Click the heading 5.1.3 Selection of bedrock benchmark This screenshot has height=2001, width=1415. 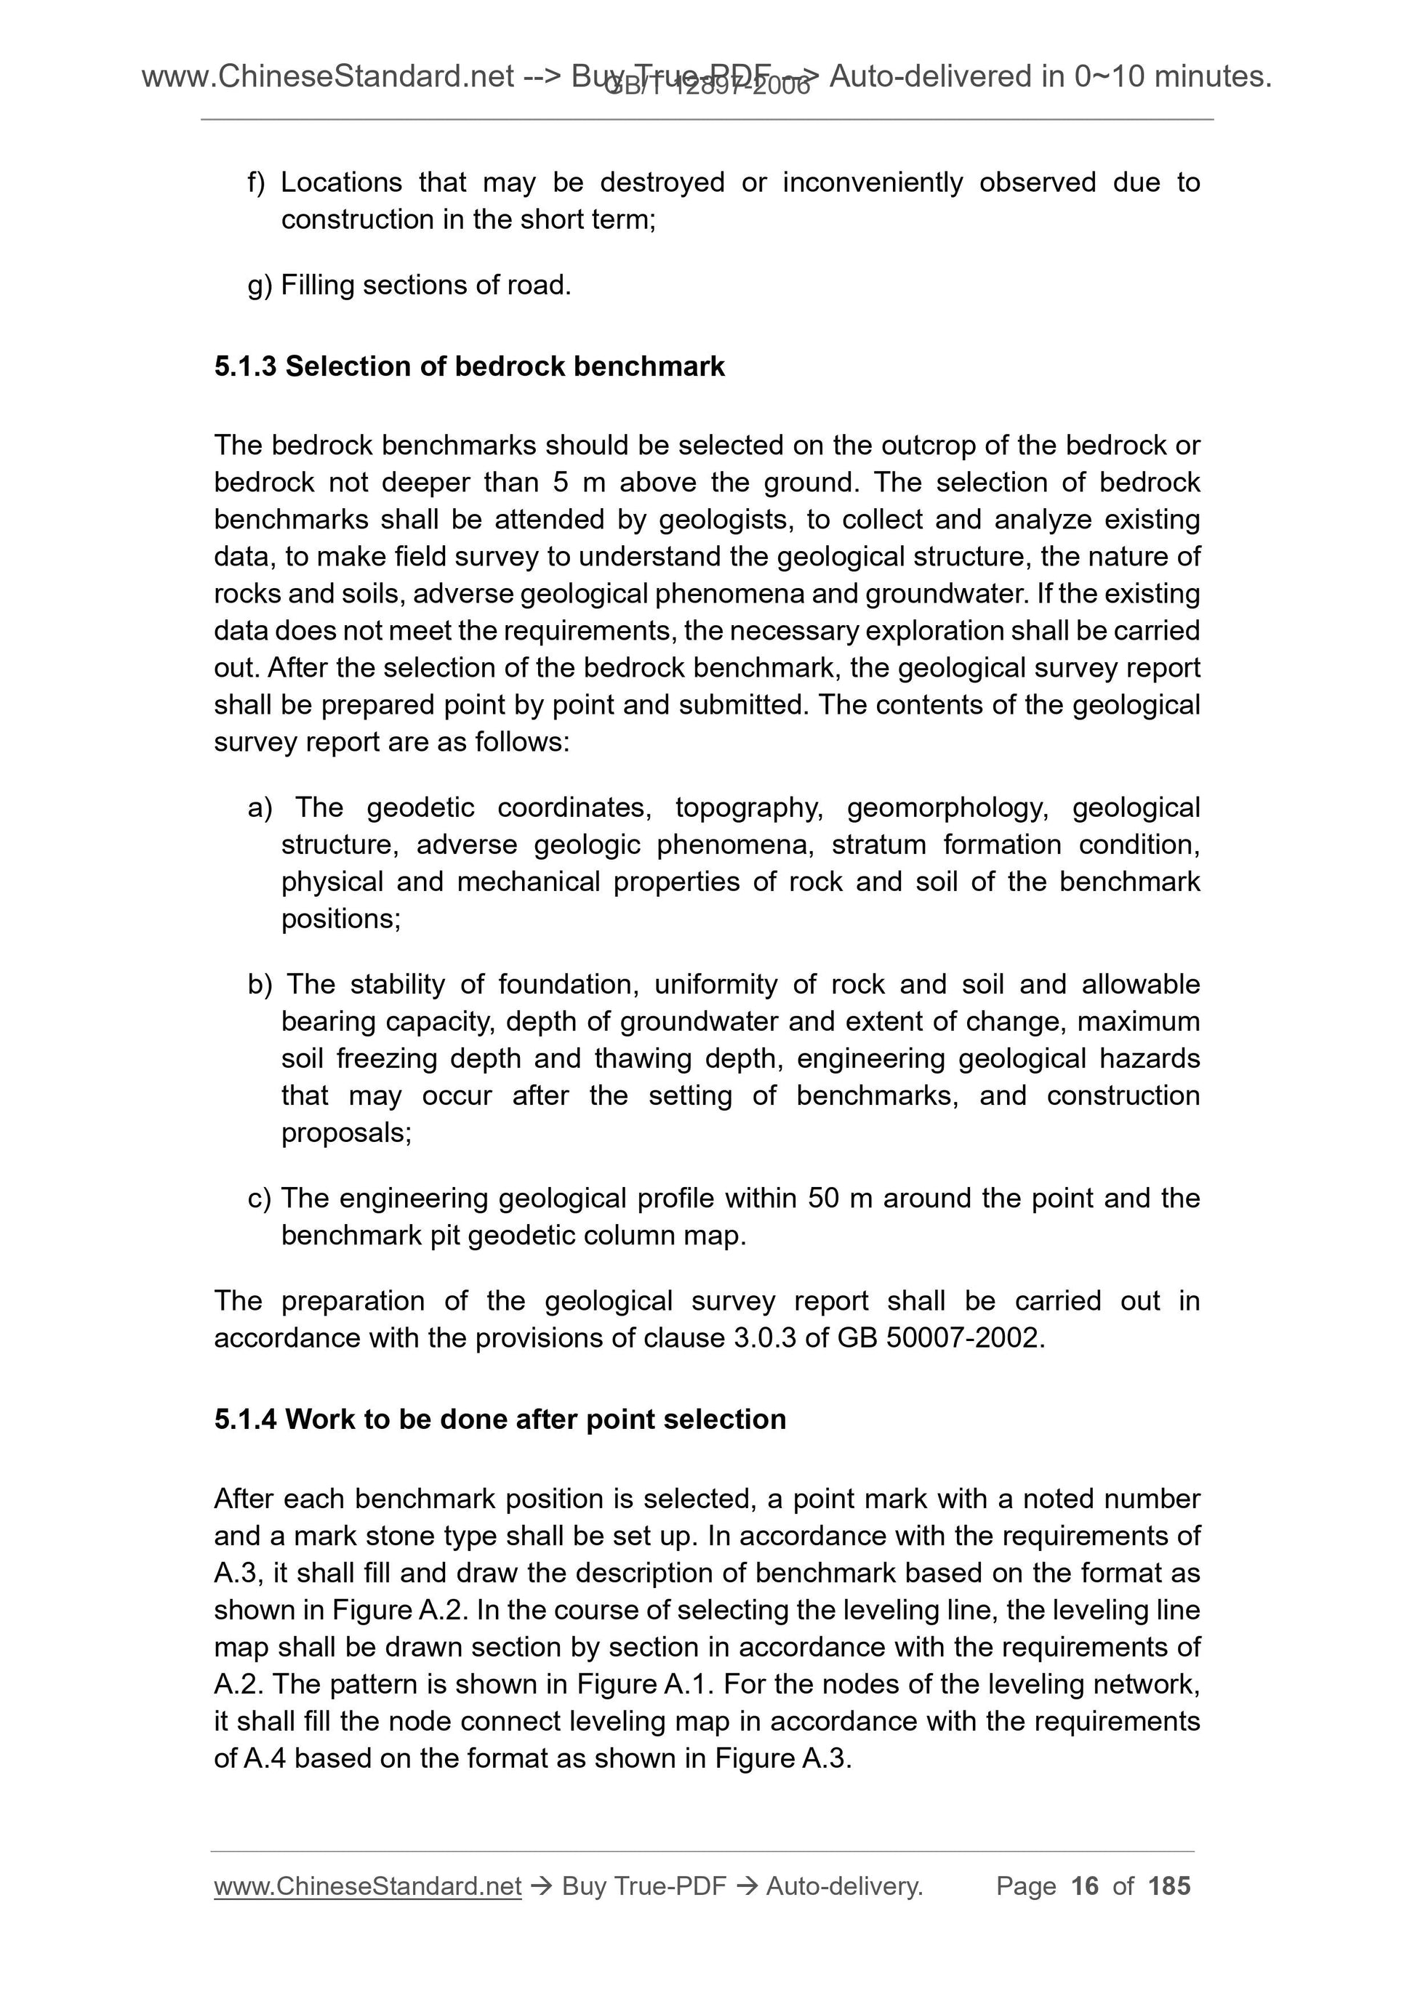469,366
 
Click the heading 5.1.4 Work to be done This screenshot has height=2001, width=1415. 500,1419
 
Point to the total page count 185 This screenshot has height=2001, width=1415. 1169,1886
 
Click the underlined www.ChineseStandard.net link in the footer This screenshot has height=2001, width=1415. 367,1886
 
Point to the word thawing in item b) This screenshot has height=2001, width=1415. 643,1058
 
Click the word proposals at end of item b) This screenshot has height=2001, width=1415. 345,1132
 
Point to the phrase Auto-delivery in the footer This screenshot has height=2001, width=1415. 844,1886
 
